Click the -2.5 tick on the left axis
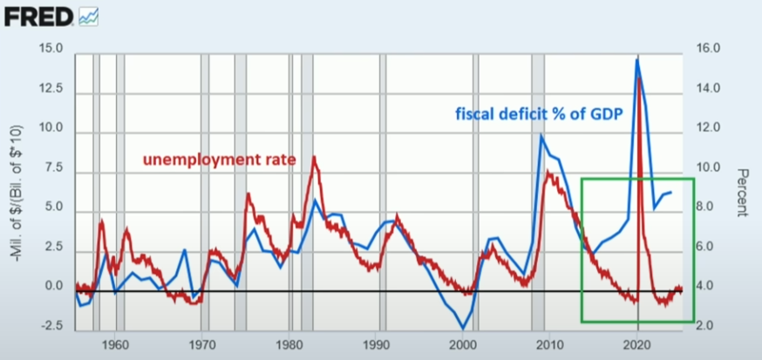(51, 326)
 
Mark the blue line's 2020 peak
(637, 59)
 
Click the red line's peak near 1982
(314, 157)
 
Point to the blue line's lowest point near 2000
(464, 328)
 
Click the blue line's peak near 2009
(541, 135)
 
